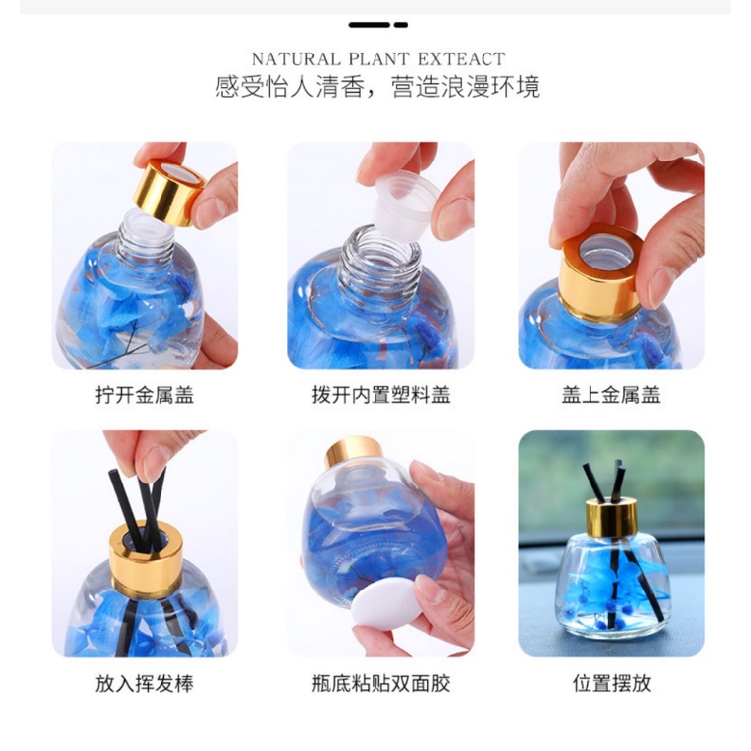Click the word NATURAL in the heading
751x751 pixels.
point(290,59)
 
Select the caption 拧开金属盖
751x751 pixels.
point(145,396)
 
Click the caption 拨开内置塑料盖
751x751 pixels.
point(380,396)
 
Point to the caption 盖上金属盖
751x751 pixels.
point(610,396)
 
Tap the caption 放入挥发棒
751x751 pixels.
point(145,684)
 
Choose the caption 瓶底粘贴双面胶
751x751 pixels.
point(380,684)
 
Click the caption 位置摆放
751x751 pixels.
point(611,684)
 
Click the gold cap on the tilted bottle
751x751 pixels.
point(353,452)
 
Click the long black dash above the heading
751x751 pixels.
point(370,24)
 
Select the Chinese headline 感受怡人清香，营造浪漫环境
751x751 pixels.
point(377,87)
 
